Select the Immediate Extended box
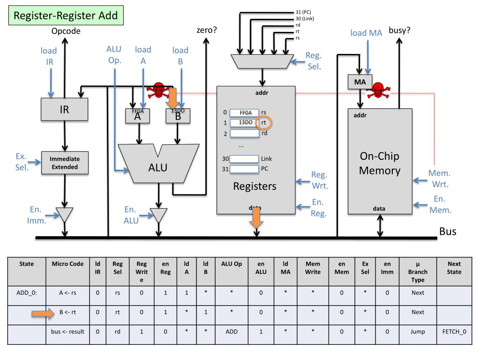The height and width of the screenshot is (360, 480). pos(65,163)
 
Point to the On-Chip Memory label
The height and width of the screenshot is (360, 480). pos(380,163)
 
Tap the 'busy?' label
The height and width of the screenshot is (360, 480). pos(399,31)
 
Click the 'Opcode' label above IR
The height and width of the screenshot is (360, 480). pos(66,31)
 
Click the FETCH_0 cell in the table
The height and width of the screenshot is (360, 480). pos(454,332)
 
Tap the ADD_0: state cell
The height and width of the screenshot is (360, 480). pos(26,292)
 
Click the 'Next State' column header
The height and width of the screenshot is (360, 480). pos(454,268)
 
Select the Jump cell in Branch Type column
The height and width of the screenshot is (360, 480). pos(417,332)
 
